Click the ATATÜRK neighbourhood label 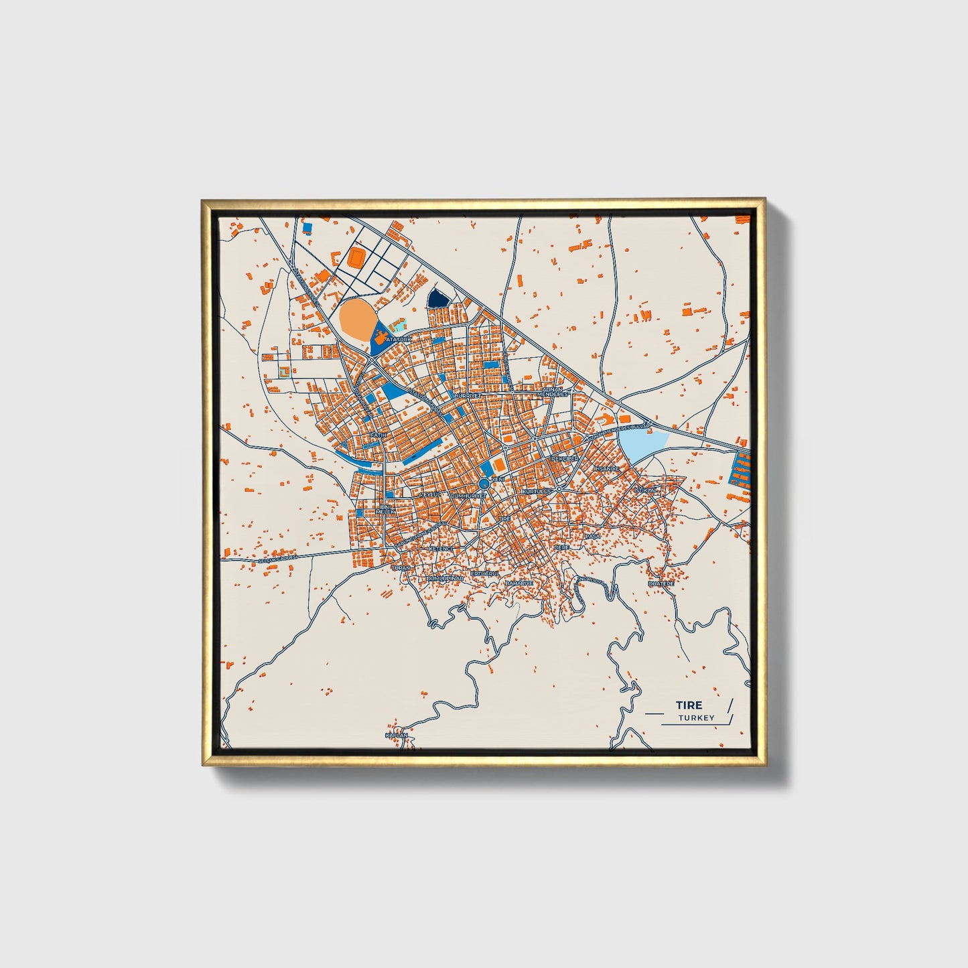[397, 340]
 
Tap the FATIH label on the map [379, 435]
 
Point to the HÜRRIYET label [468, 396]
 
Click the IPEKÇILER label [564, 459]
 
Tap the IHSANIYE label [606, 468]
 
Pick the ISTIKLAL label [647, 491]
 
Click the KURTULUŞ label [537, 491]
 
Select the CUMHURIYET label [468, 495]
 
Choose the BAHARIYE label [519, 583]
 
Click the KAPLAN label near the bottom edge [396, 736]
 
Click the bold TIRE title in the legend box [689, 705]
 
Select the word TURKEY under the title [696, 718]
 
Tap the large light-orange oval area [357, 318]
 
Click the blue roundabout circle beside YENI [484, 483]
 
